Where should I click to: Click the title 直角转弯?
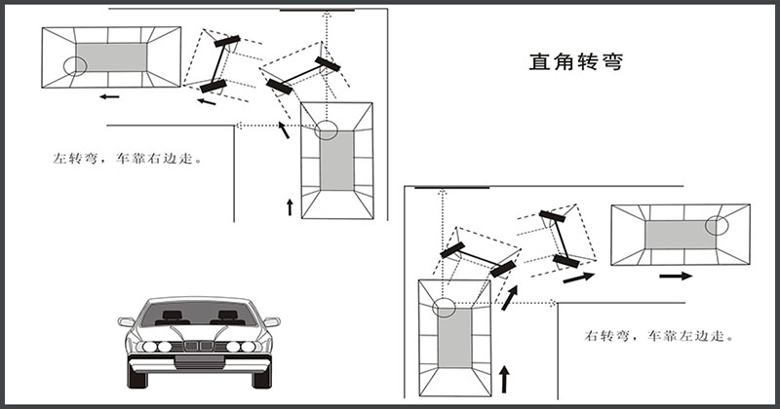click(x=575, y=62)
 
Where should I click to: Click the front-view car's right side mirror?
click(x=272, y=321)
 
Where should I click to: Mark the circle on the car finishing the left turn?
click(x=75, y=66)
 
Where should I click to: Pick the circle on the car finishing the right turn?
click(x=718, y=225)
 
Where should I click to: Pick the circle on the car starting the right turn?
click(x=444, y=308)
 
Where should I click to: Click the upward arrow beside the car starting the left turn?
click(x=289, y=204)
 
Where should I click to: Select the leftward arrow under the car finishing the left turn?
click(x=108, y=96)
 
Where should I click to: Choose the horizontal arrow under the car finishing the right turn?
click(x=676, y=277)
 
